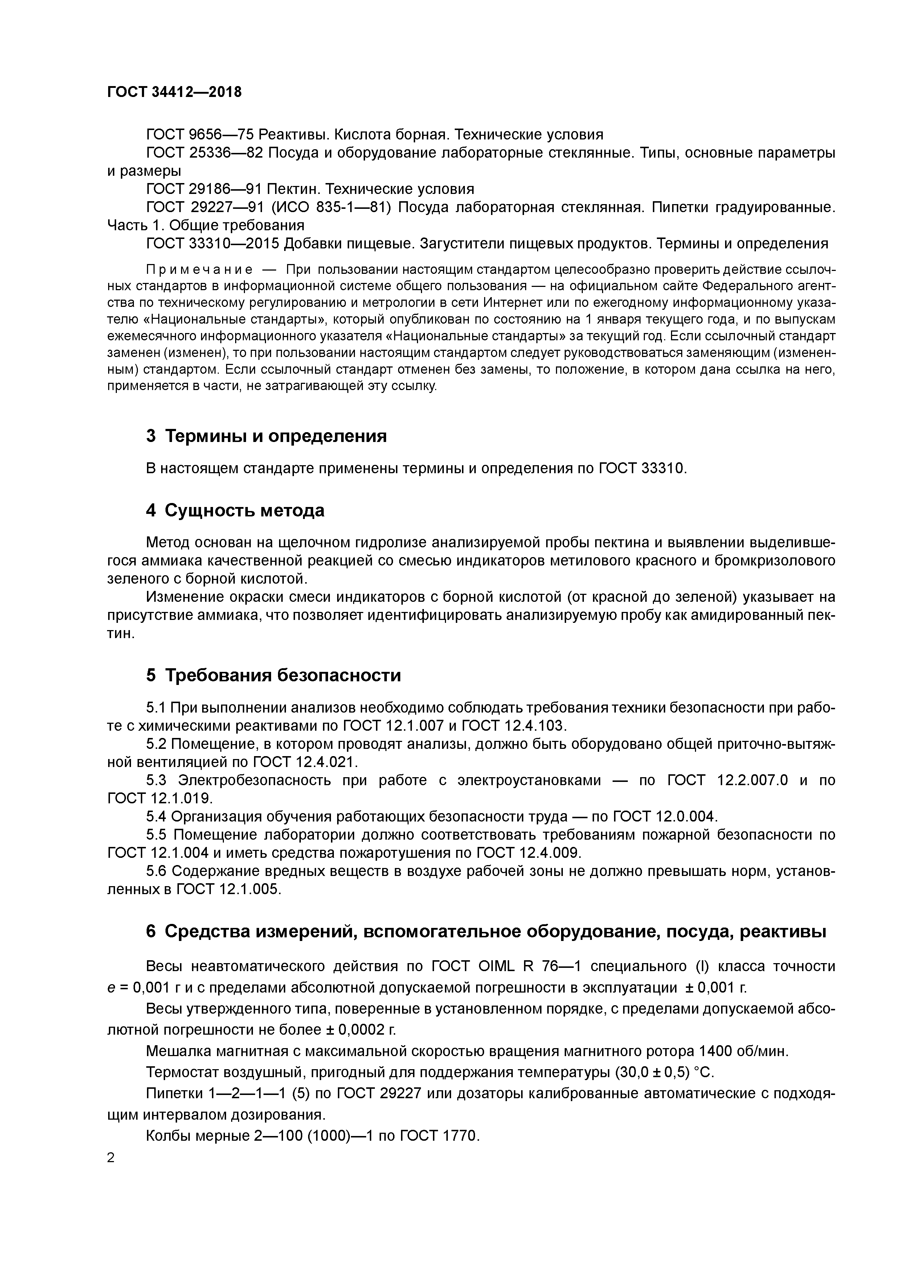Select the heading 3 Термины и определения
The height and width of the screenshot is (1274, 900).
[266, 436]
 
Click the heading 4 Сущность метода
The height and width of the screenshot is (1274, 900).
[235, 510]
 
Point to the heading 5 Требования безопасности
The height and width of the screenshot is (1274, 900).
[273, 675]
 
